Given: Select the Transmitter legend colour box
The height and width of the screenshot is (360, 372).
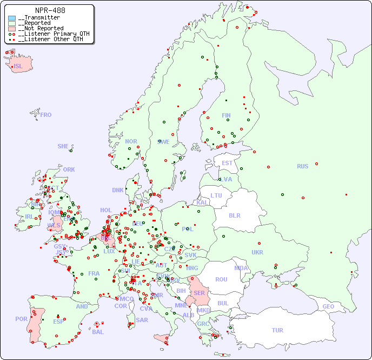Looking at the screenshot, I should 12,18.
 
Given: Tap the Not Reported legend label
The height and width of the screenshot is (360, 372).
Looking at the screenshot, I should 41,28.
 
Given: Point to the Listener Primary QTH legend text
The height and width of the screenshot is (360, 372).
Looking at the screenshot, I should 51,34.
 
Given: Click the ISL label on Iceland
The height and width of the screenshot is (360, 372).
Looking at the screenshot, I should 18,67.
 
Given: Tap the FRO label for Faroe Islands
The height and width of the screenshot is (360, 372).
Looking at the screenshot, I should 46,115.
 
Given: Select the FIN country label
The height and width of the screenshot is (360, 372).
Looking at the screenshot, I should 226,115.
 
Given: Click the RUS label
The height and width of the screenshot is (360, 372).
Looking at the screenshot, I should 302,166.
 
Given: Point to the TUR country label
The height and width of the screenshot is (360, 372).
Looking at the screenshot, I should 277,330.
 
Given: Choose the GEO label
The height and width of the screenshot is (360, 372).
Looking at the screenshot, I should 328,306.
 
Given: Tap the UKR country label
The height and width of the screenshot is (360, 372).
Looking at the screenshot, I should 257,252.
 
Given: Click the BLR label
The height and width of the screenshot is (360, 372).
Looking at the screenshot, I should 234,215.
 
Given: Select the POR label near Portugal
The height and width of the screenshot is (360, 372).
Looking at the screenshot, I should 21,319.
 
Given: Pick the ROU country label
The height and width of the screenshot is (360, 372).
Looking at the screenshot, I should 221,280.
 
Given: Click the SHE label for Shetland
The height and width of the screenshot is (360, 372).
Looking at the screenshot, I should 63,146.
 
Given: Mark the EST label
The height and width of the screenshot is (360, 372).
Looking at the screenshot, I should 227,163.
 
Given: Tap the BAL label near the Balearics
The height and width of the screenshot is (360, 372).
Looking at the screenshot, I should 97,332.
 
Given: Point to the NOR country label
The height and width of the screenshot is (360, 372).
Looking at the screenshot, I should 131,141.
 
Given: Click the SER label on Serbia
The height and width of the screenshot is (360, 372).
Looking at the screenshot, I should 199,293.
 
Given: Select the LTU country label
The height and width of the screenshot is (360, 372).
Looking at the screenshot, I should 216,195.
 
